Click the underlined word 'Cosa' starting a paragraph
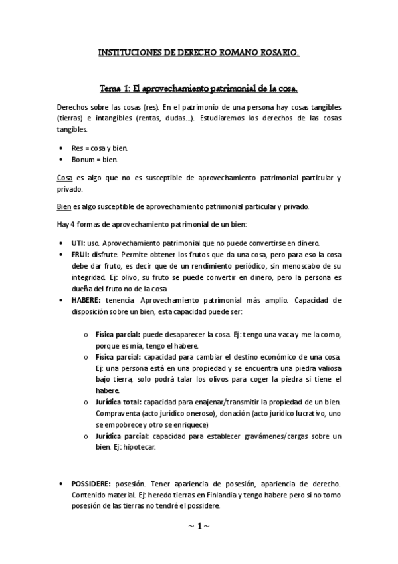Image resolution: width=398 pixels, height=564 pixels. point(64,178)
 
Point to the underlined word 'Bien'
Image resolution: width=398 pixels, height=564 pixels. point(64,206)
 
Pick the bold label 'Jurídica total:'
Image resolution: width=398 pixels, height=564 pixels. point(118,402)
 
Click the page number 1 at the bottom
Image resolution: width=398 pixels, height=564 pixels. point(199,526)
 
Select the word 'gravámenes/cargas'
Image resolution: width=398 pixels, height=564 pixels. point(274,436)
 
